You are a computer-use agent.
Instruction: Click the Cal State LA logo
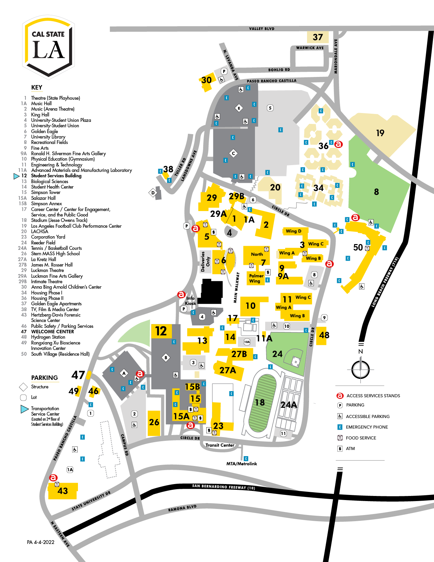(x=48, y=46)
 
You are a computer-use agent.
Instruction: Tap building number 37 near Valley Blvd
(x=318, y=37)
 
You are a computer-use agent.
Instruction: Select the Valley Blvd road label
(x=261, y=29)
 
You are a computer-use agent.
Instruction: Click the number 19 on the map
(x=380, y=133)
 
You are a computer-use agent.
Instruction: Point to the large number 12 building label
(x=161, y=331)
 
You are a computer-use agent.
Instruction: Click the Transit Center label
(x=220, y=445)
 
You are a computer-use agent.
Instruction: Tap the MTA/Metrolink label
(x=242, y=464)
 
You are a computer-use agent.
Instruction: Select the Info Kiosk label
(x=190, y=301)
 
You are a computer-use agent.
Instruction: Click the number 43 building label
(x=63, y=491)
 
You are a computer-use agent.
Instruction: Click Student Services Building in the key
(x=56, y=176)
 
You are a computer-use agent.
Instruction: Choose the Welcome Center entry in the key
(x=52, y=332)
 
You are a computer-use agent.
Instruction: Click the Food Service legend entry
(x=361, y=438)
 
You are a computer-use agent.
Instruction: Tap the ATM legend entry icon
(x=340, y=449)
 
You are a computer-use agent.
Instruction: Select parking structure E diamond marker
(x=239, y=108)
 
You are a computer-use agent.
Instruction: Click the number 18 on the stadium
(x=260, y=402)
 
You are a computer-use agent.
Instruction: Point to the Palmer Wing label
(x=256, y=278)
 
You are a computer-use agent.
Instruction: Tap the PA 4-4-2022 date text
(x=41, y=542)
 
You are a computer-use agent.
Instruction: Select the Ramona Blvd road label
(x=182, y=508)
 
